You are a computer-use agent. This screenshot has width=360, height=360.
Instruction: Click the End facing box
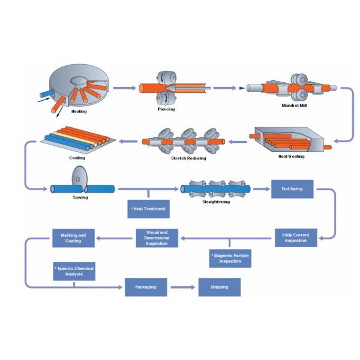(293, 189)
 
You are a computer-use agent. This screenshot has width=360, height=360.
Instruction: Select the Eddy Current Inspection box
(296, 238)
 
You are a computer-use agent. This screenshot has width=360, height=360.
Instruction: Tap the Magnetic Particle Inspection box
(230, 258)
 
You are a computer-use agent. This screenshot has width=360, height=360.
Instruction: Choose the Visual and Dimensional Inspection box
(157, 238)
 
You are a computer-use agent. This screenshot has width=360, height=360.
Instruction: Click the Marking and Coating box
(74, 238)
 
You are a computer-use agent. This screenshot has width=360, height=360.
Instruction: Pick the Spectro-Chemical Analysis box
(74, 271)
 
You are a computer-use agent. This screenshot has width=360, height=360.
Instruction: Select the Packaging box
(146, 287)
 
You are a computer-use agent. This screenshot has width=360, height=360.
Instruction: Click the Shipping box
(219, 287)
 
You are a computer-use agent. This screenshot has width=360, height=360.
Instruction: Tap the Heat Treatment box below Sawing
(148, 208)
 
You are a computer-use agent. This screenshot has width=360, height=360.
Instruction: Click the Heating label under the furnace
(79, 111)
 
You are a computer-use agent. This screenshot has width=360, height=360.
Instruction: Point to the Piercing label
(166, 109)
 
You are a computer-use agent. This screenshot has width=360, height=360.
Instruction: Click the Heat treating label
(292, 157)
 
